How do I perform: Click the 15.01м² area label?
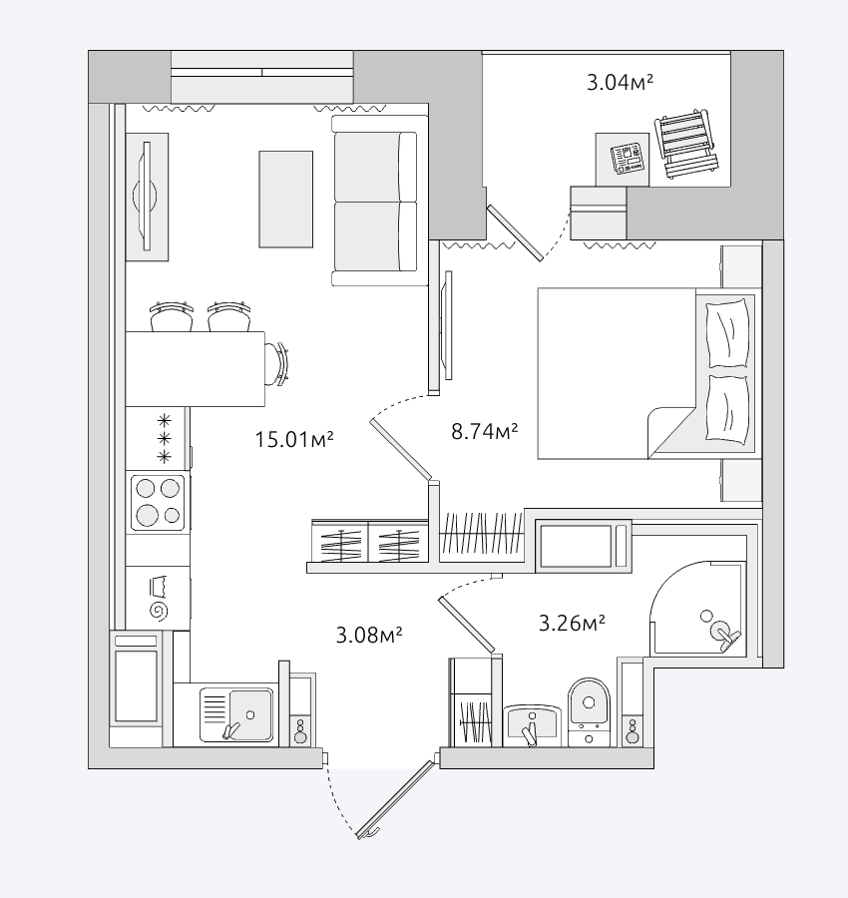point(293,440)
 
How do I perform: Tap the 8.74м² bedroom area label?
point(485,431)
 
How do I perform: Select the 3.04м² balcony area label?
point(621,83)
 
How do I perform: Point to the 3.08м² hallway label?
point(369,636)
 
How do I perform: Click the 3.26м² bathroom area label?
point(572,623)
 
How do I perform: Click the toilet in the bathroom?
point(589,711)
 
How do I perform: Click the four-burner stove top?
point(158,502)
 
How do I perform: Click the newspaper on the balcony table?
point(627,159)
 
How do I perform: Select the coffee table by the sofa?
point(285,200)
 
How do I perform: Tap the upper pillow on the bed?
point(727,334)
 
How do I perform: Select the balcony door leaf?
point(515,233)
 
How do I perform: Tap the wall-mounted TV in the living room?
point(146,196)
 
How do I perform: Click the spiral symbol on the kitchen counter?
point(160,611)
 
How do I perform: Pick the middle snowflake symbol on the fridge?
point(165,439)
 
